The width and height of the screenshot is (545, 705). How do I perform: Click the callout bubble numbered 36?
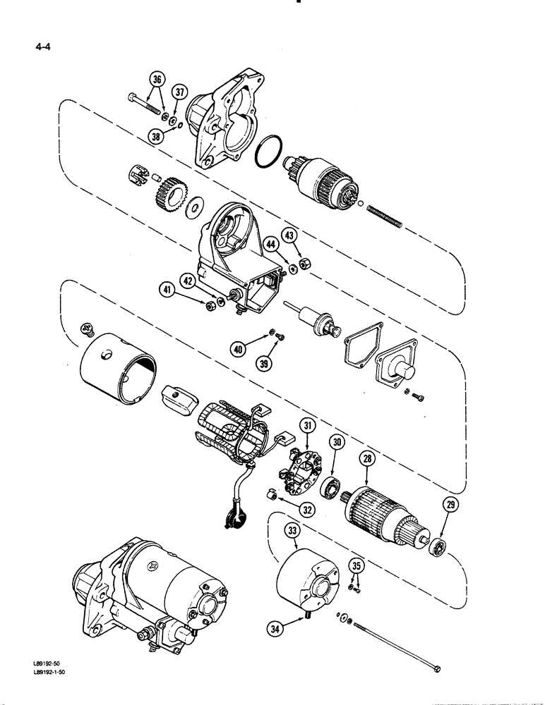coord(157,78)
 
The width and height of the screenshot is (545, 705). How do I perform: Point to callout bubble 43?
coord(290,235)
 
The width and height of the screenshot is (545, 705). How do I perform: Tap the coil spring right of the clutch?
coord(384,214)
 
